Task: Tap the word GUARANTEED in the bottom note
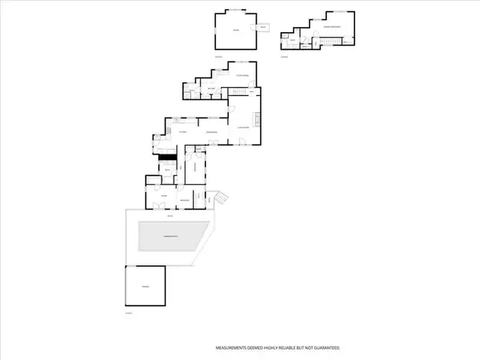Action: pos(325,348)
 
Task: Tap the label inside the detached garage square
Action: pos(146,286)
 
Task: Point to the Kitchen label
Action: pos(183,131)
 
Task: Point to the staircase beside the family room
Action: pos(237,95)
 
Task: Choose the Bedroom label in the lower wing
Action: pos(183,198)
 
